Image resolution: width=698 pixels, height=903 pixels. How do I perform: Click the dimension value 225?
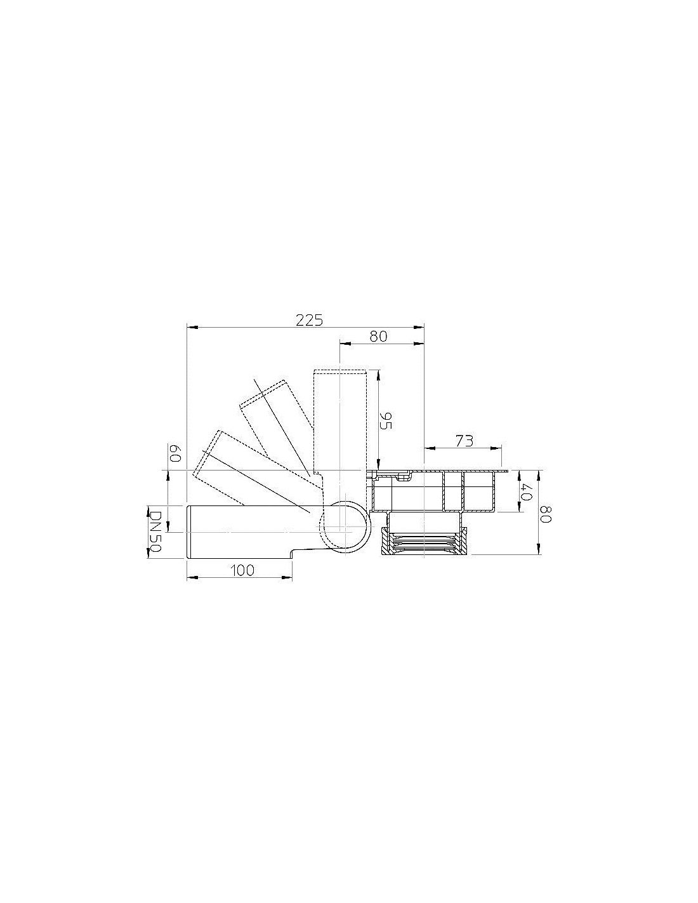click(x=309, y=320)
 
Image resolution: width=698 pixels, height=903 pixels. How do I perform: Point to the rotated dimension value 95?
click(x=386, y=420)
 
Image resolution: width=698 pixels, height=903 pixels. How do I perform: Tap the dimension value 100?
click(x=242, y=570)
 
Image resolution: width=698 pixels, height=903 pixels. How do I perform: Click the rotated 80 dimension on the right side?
click(x=545, y=514)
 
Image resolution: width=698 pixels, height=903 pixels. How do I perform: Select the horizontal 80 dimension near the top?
click(x=378, y=336)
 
